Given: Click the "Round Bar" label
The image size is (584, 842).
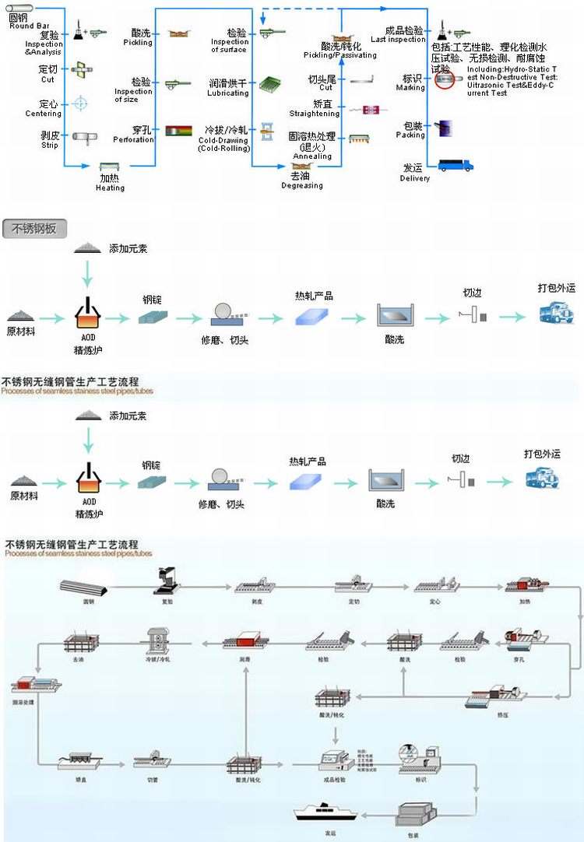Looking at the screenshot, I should coord(29,26).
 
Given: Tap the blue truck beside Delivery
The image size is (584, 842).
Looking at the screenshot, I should coord(456,165).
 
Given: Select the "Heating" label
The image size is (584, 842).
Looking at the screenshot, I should coord(110,188).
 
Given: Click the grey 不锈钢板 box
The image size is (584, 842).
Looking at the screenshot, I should coord(34,229).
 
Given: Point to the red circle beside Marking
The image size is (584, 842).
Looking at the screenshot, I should coord(444,80).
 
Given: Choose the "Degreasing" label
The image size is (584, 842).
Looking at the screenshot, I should coord(301,185).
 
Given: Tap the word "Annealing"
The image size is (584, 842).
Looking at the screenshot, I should coord(312,156).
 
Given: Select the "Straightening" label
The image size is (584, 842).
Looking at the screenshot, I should coord(314,114).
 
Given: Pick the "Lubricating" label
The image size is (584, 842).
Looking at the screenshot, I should coord(228,93).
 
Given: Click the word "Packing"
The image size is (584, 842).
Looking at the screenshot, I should coord(410,135).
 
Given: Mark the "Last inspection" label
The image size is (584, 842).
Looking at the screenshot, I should coord(398,40).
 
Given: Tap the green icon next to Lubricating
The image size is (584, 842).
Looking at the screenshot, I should coord(269,84).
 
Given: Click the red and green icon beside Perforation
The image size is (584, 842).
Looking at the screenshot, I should coord(178,131).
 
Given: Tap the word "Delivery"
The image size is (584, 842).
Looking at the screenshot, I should coord(414,178).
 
